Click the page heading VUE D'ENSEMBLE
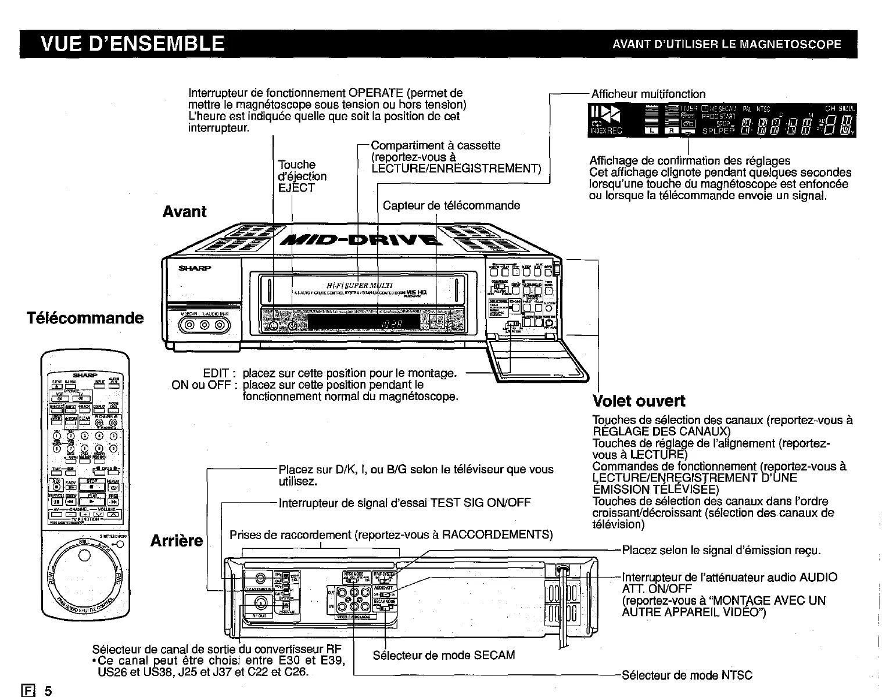pyautogui.click(x=132, y=44)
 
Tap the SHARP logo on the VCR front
pyautogui.click(x=195, y=268)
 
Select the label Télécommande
pyautogui.click(x=85, y=318)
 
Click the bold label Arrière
pyautogui.click(x=177, y=541)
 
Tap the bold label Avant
pyautogui.click(x=184, y=211)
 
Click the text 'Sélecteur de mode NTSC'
pyautogui.click(x=687, y=676)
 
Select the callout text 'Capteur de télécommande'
pyautogui.click(x=451, y=206)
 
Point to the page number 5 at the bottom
pyautogui.click(x=49, y=691)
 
